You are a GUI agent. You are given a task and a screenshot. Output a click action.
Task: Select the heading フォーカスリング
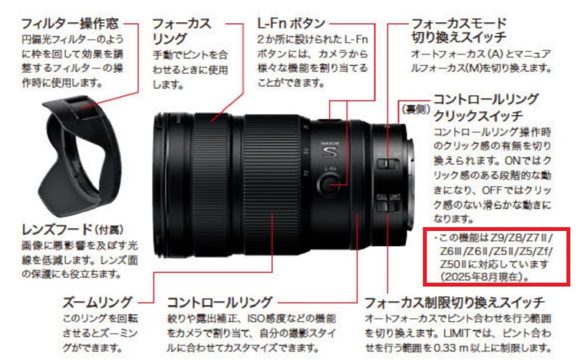(x=181, y=31)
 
